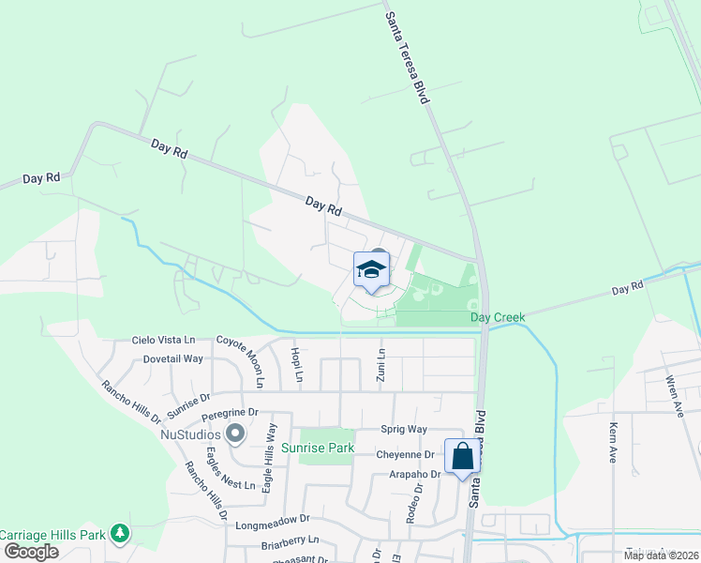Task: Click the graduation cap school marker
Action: point(371,270)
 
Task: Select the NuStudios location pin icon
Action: point(235,434)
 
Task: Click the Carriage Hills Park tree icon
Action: point(119,533)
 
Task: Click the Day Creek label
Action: point(498,317)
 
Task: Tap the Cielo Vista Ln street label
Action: point(163,340)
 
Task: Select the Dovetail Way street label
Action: point(173,358)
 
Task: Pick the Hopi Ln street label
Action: point(297,364)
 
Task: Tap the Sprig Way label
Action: point(404,429)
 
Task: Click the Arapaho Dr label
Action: point(415,475)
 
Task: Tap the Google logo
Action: point(31,551)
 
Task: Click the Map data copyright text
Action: point(661,555)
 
